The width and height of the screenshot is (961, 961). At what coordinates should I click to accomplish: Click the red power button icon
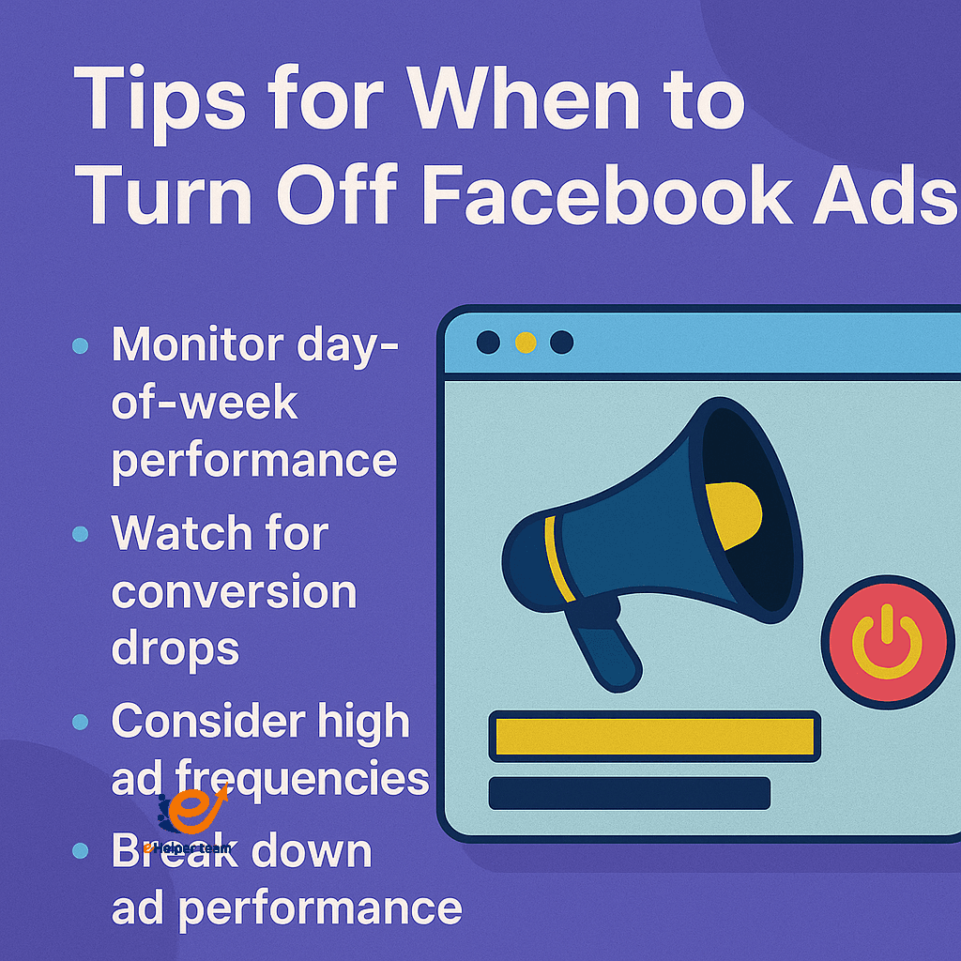[x=887, y=644]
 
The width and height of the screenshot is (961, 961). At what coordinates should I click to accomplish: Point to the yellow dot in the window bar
[x=526, y=343]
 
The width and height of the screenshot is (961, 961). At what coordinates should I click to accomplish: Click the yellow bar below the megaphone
[x=654, y=737]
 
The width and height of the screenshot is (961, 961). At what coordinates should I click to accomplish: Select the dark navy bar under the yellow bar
[x=629, y=792]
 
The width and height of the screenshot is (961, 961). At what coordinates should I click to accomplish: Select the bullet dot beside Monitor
[x=80, y=346]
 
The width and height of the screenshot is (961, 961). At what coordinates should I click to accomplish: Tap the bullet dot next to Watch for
[x=80, y=534]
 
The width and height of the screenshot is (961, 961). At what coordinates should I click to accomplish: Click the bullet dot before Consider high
[x=80, y=722]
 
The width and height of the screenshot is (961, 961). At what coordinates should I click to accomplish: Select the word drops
[x=175, y=648]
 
